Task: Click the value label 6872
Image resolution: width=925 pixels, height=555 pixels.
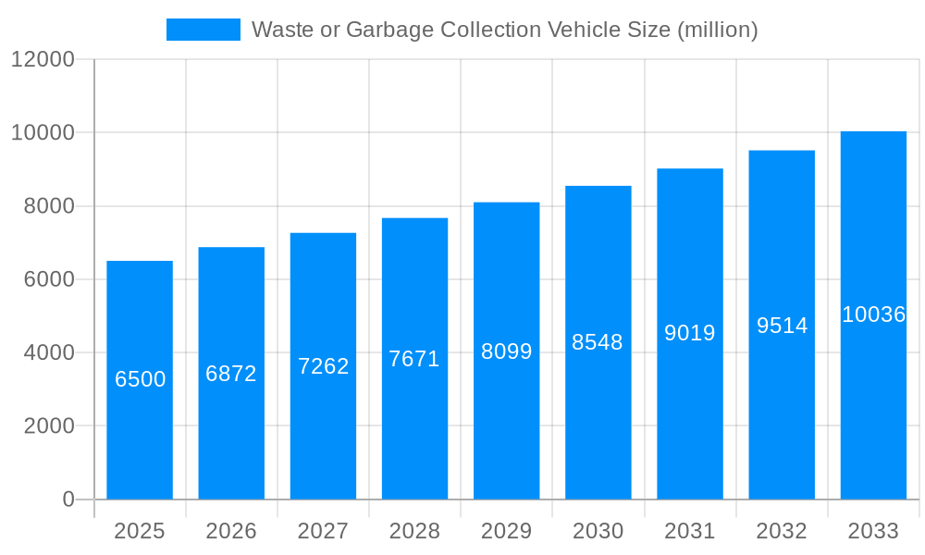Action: pos(231,375)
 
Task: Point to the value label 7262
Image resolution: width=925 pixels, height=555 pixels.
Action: pos(323,366)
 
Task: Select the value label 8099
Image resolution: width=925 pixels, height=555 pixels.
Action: pos(506,351)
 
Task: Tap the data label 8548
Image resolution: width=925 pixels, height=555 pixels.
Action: pos(598,342)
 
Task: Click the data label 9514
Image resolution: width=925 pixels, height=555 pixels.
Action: pos(782,326)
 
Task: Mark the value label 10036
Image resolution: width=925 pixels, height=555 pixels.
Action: pos(873,314)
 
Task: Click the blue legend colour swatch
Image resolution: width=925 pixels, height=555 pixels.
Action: pos(203,30)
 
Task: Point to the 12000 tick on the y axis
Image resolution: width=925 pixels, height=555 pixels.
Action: pos(43,59)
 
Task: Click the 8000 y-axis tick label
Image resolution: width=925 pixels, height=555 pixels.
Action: pos(49,206)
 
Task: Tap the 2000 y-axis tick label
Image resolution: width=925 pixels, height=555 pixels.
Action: pos(49,426)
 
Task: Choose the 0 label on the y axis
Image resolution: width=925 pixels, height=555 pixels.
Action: pos(68,499)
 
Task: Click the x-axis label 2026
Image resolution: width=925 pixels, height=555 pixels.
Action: pos(231,531)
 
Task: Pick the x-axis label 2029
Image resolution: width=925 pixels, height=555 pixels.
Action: pos(506,531)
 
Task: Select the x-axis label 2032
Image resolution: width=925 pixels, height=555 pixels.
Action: pos(782,531)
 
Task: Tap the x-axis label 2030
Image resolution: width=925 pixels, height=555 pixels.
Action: pos(598,531)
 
